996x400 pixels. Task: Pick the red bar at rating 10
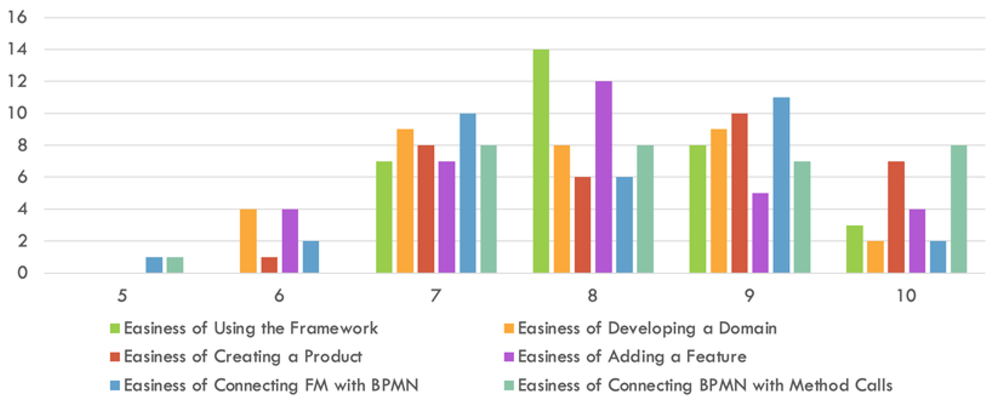pos(896,217)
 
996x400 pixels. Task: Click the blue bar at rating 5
pos(154,265)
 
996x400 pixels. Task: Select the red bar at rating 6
pos(269,265)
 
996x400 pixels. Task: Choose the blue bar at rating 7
pos(468,193)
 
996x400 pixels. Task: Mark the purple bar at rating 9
pos(760,233)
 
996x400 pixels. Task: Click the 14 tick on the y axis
pos(17,49)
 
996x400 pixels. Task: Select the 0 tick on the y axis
pos(22,273)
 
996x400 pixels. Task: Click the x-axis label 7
pos(436,296)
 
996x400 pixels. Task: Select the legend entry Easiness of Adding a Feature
pos(625,356)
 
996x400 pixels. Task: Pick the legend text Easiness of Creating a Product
pos(243,356)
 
